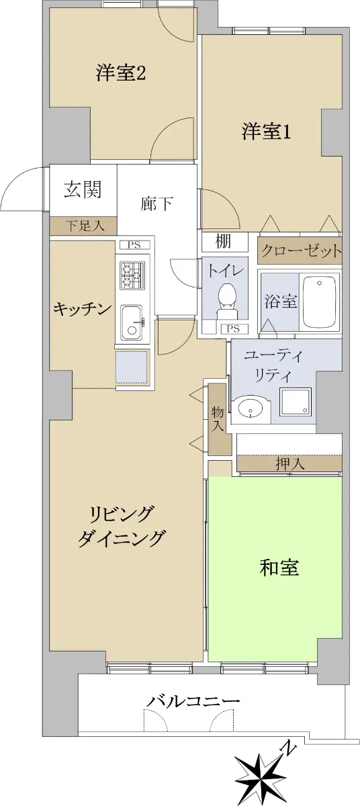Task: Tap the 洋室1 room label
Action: click(266, 132)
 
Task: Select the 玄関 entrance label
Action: click(83, 189)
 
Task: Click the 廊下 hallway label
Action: click(156, 204)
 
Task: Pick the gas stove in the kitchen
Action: click(133, 275)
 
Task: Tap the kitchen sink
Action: click(132, 322)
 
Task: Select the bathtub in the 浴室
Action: click(320, 301)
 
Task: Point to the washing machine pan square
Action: click(295, 402)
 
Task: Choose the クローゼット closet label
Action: click(300, 251)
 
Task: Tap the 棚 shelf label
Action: click(223, 241)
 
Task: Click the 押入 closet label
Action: click(290, 464)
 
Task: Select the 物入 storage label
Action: click(218, 419)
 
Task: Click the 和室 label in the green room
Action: click(279, 567)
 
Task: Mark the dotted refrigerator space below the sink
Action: click(132, 367)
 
